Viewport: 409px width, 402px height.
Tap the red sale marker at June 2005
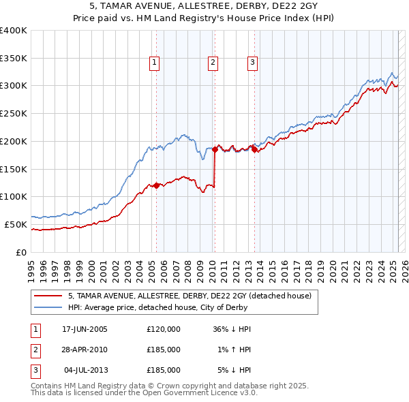pyautogui.click(x=156, y=185)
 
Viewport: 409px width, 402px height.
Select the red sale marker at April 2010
pyautogui.click(x=215, y=149)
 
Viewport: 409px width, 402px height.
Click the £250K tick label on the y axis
pyautogui.click(x=13, y=114)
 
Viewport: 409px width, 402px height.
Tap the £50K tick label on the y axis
pyautogui.click(x=16, y=224)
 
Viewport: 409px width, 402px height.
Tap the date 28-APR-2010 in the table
pyautogui.click(x=85, y=350)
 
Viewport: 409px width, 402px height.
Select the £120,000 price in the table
pyautogui.click(x=164, y=329)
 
